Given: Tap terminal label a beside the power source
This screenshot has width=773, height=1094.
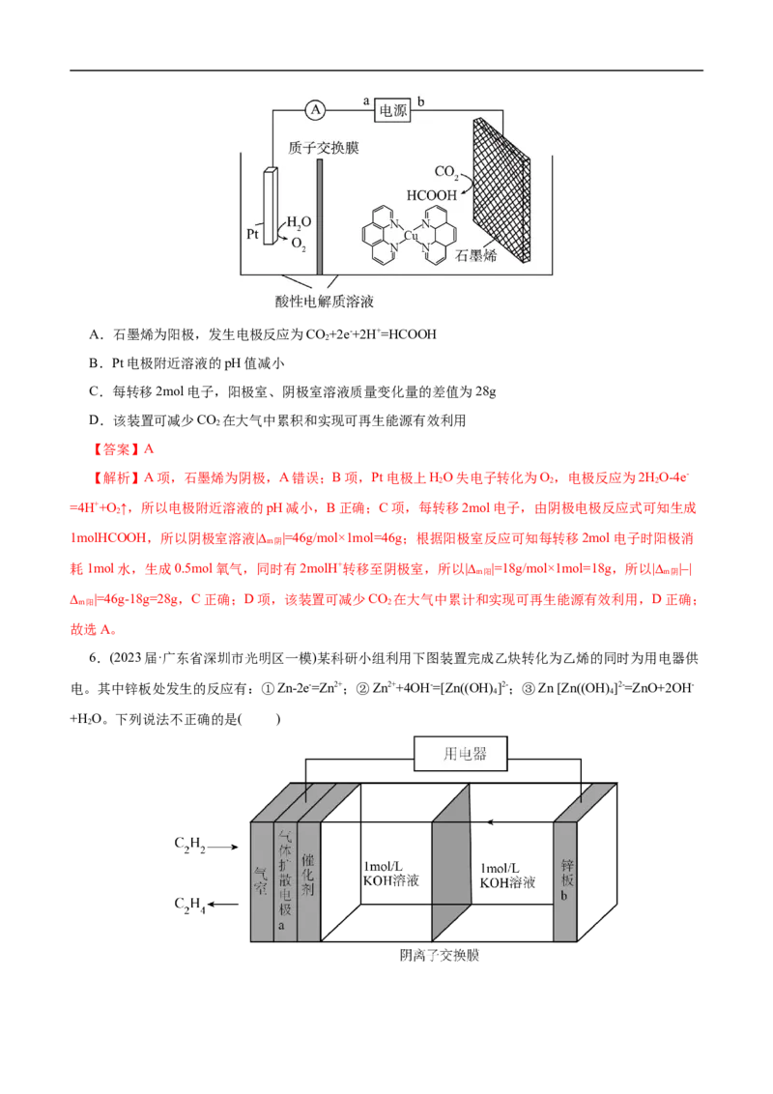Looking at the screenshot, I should point(366,101).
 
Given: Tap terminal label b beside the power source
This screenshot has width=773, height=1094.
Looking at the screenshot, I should point(418,101).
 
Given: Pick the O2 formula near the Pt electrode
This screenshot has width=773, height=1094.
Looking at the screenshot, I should point(299,245).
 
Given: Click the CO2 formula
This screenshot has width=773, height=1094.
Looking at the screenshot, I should point(446,172).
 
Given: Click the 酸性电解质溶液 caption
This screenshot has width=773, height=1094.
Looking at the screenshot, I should point(324,302).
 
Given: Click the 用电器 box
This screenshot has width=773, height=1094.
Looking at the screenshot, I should point(461,754).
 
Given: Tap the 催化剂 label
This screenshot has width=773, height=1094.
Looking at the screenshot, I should point(307,875).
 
